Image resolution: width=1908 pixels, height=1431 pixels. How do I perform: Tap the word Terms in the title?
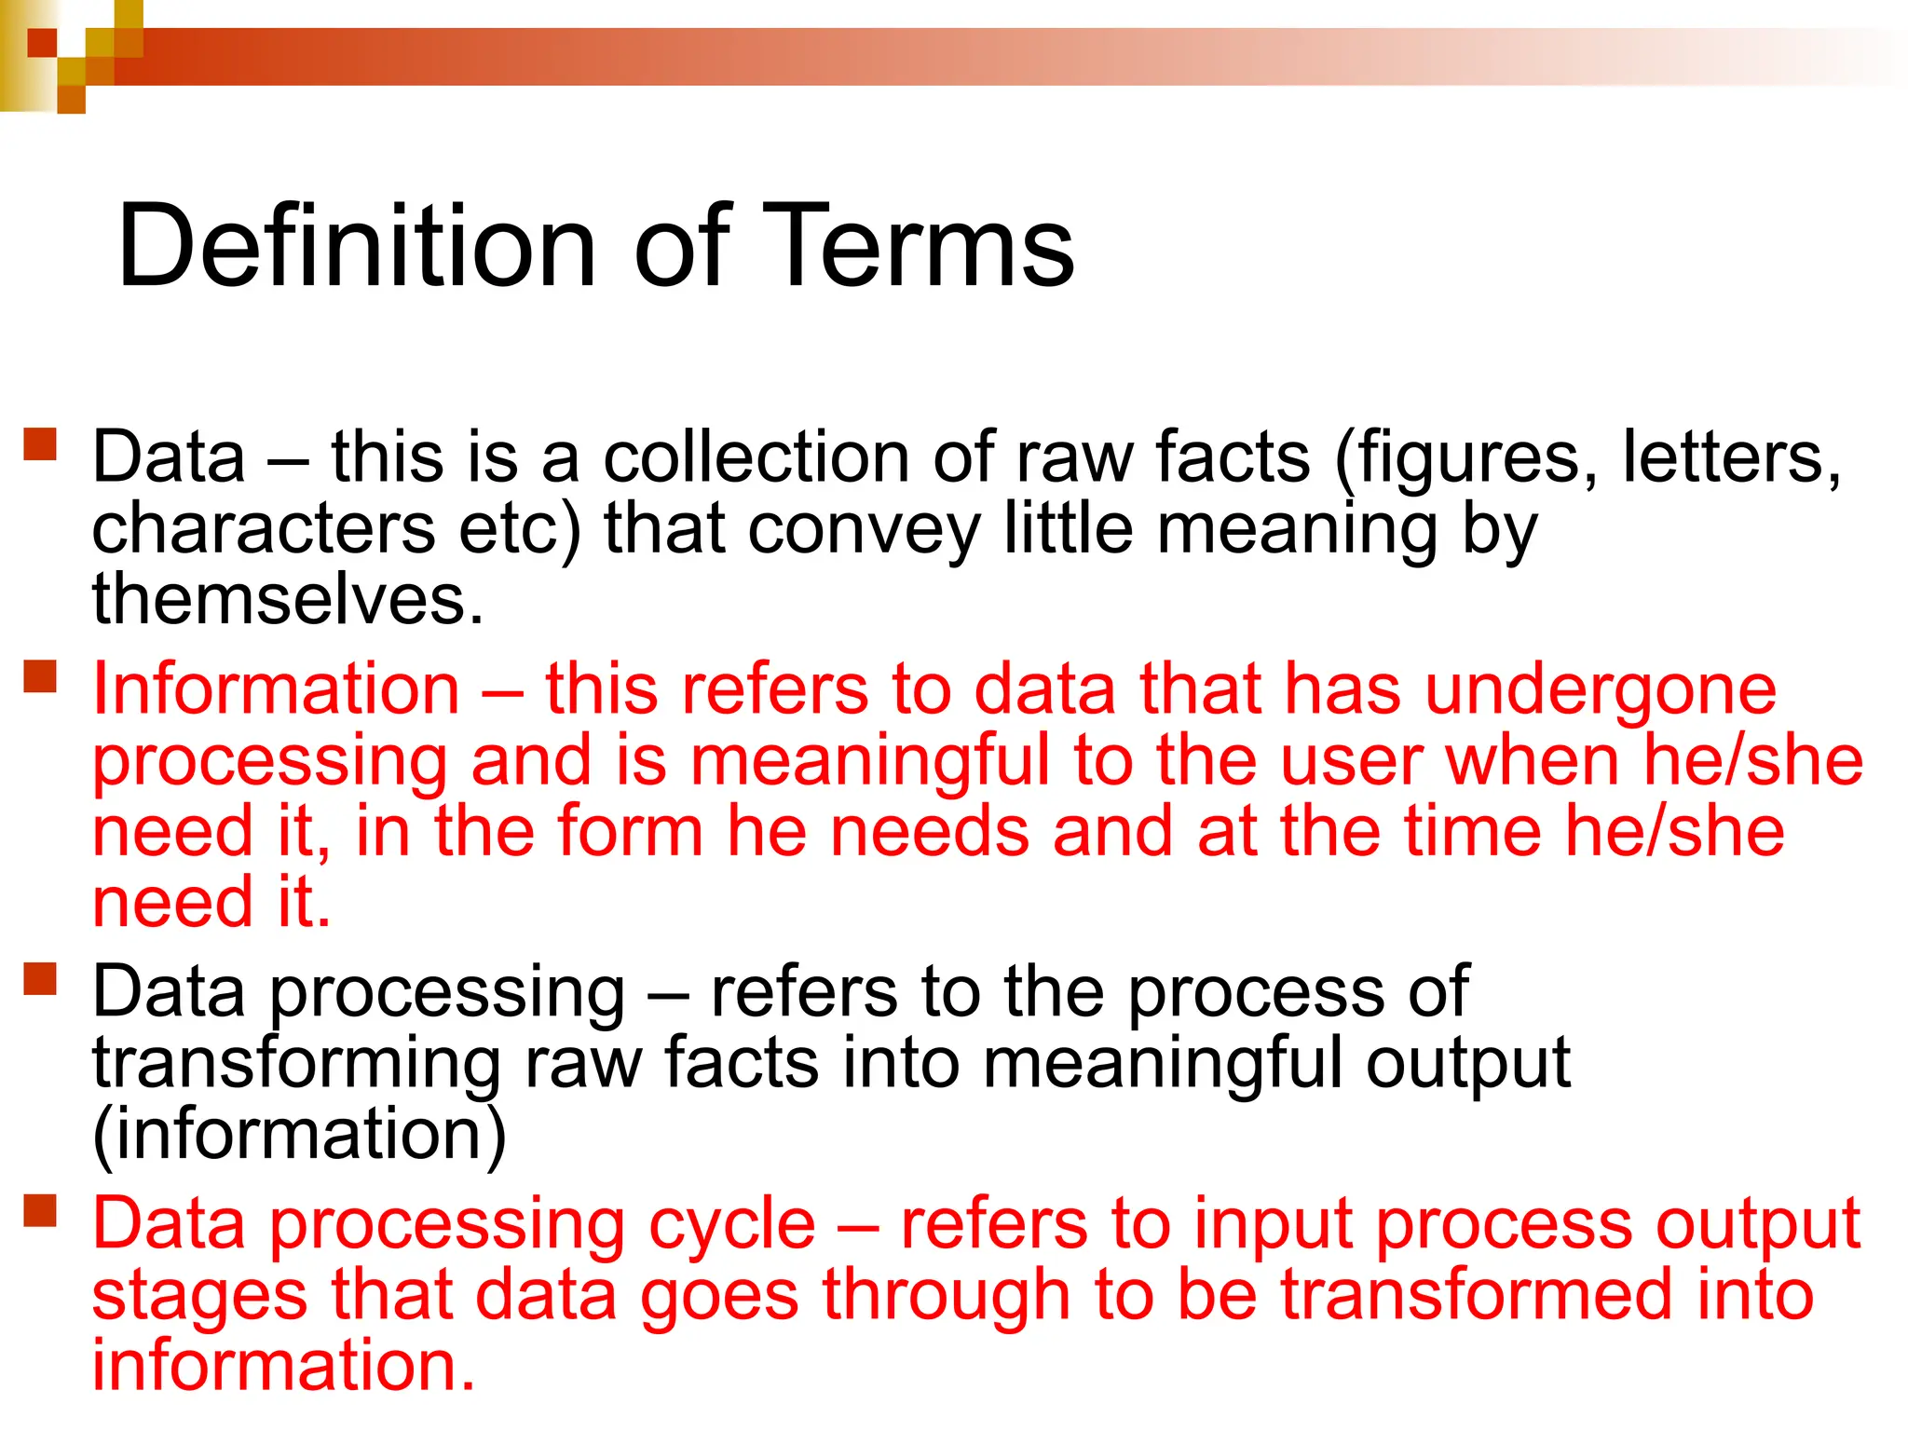(x=919, y=247)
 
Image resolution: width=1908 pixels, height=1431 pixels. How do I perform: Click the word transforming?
(x=297, y=1065)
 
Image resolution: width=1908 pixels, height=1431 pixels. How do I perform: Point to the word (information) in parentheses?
(x=299, y=1135)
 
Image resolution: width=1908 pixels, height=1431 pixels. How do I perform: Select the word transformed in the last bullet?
(x=1477, y=1296)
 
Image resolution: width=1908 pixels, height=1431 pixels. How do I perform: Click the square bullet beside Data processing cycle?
(x=41, y=1210)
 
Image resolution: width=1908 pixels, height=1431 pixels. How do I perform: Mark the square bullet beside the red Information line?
(x=41, y=675)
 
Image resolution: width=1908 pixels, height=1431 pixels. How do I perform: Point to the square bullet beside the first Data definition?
(x=41, y=443)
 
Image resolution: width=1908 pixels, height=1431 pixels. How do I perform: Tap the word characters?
(x=264, y=529)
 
